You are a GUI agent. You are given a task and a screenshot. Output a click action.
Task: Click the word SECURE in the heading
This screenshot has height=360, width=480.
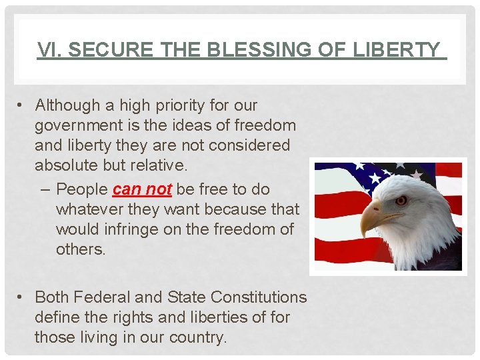[x=101, y=50]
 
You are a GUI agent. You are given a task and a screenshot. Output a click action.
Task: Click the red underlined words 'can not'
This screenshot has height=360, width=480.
[x=143, y=189]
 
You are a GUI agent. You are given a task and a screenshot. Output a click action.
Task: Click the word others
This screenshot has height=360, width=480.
[x=81, y=249]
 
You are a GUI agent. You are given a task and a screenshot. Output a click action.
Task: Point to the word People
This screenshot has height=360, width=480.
[x=81, y=189]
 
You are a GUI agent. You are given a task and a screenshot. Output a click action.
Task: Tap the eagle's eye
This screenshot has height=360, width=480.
[x=401, y=199]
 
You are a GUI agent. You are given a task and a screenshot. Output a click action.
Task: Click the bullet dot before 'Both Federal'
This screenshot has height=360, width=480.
[x=22, y=297]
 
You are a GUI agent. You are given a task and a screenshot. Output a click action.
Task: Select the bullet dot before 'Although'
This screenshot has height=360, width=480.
[x=22, y=105]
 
